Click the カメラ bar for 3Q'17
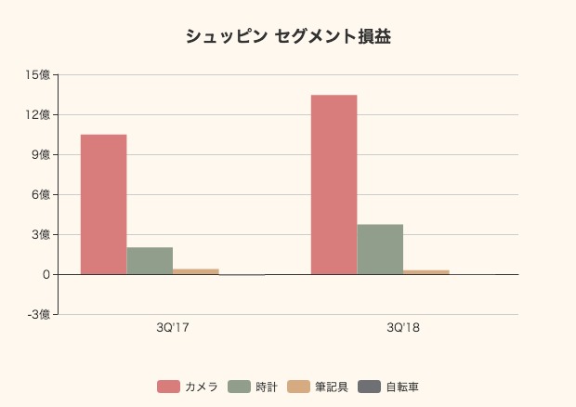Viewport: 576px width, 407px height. click(103, 204)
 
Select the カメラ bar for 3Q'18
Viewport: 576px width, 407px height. click(334, 185)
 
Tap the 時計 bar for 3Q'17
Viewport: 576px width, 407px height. click(150, 261)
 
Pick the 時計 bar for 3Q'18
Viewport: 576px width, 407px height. click(380, 249)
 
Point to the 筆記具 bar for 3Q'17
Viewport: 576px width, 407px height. click(196, 271)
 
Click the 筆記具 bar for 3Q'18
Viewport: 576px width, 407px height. click(426, 272)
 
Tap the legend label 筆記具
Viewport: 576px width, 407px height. click(331, 387)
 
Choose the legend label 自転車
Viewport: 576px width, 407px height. click(402, 387)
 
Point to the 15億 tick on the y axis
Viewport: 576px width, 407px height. click(39, 74)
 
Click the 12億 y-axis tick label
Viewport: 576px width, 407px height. click(39, 114)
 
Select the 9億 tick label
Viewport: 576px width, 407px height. click(42, 154)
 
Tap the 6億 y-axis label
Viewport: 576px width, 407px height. click(42, 194)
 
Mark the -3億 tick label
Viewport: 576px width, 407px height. click(39, 314)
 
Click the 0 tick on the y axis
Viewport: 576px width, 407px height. click(46, 274)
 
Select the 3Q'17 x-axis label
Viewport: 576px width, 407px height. click(173, 328)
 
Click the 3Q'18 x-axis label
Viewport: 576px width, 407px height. click(403, 328)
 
